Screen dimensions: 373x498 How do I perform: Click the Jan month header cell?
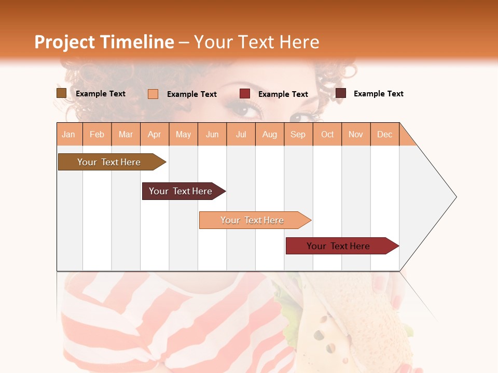tap(69, 134)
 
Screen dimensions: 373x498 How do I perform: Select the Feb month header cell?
tap(97, 134)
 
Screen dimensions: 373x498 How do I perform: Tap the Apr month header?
tap(155, 134)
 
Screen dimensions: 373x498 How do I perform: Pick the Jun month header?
tap(212, 134)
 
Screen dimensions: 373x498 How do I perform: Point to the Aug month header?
tap(270, 134)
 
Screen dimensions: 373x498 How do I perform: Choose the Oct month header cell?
tap(327, 134)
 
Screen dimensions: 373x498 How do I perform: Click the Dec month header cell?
tap(385, 134)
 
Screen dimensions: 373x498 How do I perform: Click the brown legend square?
tap(61, 93)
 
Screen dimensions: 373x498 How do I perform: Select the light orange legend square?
tap(153, 94)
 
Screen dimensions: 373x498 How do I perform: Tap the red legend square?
tap(245, 94)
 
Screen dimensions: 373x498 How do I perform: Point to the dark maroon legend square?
tap(341, 93)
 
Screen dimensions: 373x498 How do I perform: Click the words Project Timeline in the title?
tap(104, 42)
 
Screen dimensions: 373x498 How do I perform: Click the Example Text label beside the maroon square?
tap(378, 94)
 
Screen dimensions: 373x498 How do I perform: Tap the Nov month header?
tap(356, 134)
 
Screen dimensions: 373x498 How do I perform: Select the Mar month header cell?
tap(126, 134)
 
